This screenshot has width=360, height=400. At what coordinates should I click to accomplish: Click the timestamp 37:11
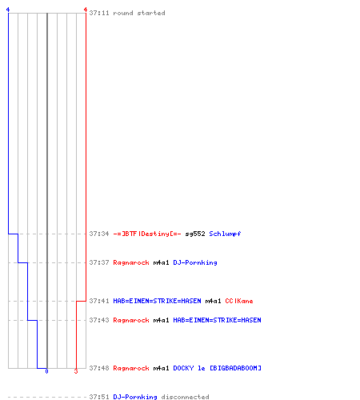click(x=99, y=13)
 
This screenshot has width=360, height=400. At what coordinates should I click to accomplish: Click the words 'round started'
click(x=139, y=13)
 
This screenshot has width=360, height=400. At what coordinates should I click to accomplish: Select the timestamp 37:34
click(x=99, y=234)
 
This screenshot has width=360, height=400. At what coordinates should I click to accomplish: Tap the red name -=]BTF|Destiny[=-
click(x=147, y=234)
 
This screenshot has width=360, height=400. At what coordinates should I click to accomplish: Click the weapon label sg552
click(x=195, y=234)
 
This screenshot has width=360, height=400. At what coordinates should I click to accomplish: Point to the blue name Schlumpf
click(x=225, y=234)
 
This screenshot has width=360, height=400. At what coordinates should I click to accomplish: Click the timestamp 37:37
click(x=99, y=262)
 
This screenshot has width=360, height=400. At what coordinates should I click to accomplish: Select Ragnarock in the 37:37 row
click(x=131, y=262)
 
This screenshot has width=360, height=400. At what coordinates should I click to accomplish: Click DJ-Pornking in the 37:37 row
click(x=195, y=262)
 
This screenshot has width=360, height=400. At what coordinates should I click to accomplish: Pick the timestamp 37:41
click(x=99, y=301)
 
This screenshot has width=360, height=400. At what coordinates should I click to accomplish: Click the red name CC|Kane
click(x=239, y=301)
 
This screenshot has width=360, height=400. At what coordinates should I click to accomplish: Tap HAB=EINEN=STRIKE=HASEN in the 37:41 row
click(x=157, y=301)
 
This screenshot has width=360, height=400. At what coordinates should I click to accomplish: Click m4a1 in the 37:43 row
click(x=161, y=320)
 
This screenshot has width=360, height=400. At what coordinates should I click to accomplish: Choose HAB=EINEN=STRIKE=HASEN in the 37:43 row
click(x=217, y=320)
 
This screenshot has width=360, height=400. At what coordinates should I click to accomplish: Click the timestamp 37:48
click(x=99, y=368)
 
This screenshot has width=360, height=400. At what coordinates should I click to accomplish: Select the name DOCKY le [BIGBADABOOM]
click(x=217, y=368)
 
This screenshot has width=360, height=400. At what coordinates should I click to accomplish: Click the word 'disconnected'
click(x=185, y=397)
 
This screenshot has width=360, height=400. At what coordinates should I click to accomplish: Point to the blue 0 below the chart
click(x=46, y=371)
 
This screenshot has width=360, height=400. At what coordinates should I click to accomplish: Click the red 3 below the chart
click(x=76, y=371)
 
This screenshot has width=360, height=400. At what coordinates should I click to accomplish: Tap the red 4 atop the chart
click(x=86, y=10)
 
